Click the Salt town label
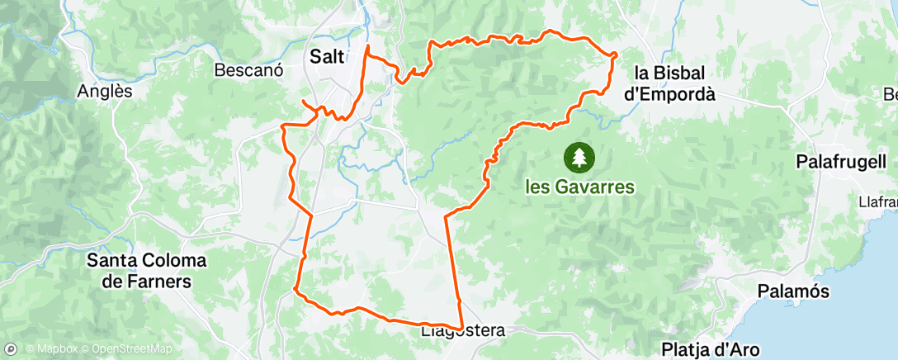328,56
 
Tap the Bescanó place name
248,70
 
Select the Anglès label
105,92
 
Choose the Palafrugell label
841,162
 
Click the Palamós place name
793,292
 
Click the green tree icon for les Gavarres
579,155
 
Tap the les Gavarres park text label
580,187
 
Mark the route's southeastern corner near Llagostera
461,329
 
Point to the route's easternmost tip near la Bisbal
617,54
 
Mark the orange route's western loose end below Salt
303,102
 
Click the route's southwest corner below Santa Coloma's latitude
295,289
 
